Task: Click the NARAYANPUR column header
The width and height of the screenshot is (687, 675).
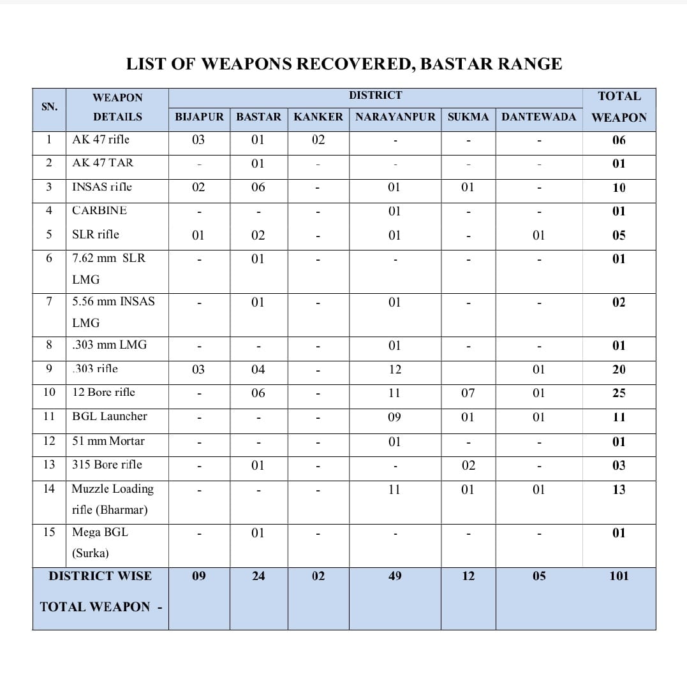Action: click(395, 117)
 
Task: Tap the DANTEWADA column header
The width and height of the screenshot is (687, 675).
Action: click(538, 117)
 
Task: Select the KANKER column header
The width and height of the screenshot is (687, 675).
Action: click(318, 117)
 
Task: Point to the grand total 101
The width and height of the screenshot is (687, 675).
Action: click(619, 576)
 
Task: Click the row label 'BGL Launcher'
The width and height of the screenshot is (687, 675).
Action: click(110, 416)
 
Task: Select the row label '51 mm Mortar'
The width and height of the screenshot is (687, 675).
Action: click(108, 441)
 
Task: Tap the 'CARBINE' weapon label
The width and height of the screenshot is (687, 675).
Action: click(100, 210)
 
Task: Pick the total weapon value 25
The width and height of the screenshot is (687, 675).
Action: click(619, 393)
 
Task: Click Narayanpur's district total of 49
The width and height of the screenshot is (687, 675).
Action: click(395, 576)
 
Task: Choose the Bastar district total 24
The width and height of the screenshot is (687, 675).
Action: click(258, 576)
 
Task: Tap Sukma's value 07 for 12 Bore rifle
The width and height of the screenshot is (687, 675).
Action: click(468, 393)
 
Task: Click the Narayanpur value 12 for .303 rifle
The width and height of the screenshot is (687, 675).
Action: click(395, 370)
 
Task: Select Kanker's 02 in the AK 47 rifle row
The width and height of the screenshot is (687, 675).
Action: click(318, 140)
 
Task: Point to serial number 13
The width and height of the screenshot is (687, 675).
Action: click(49, 465)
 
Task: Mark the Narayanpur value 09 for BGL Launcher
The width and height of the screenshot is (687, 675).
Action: click(395, 417)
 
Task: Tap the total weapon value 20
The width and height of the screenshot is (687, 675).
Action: click(619, 370)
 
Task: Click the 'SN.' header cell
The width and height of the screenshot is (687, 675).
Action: click(49, 106)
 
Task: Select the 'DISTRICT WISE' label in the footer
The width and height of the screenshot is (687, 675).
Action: click(100, 576)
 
